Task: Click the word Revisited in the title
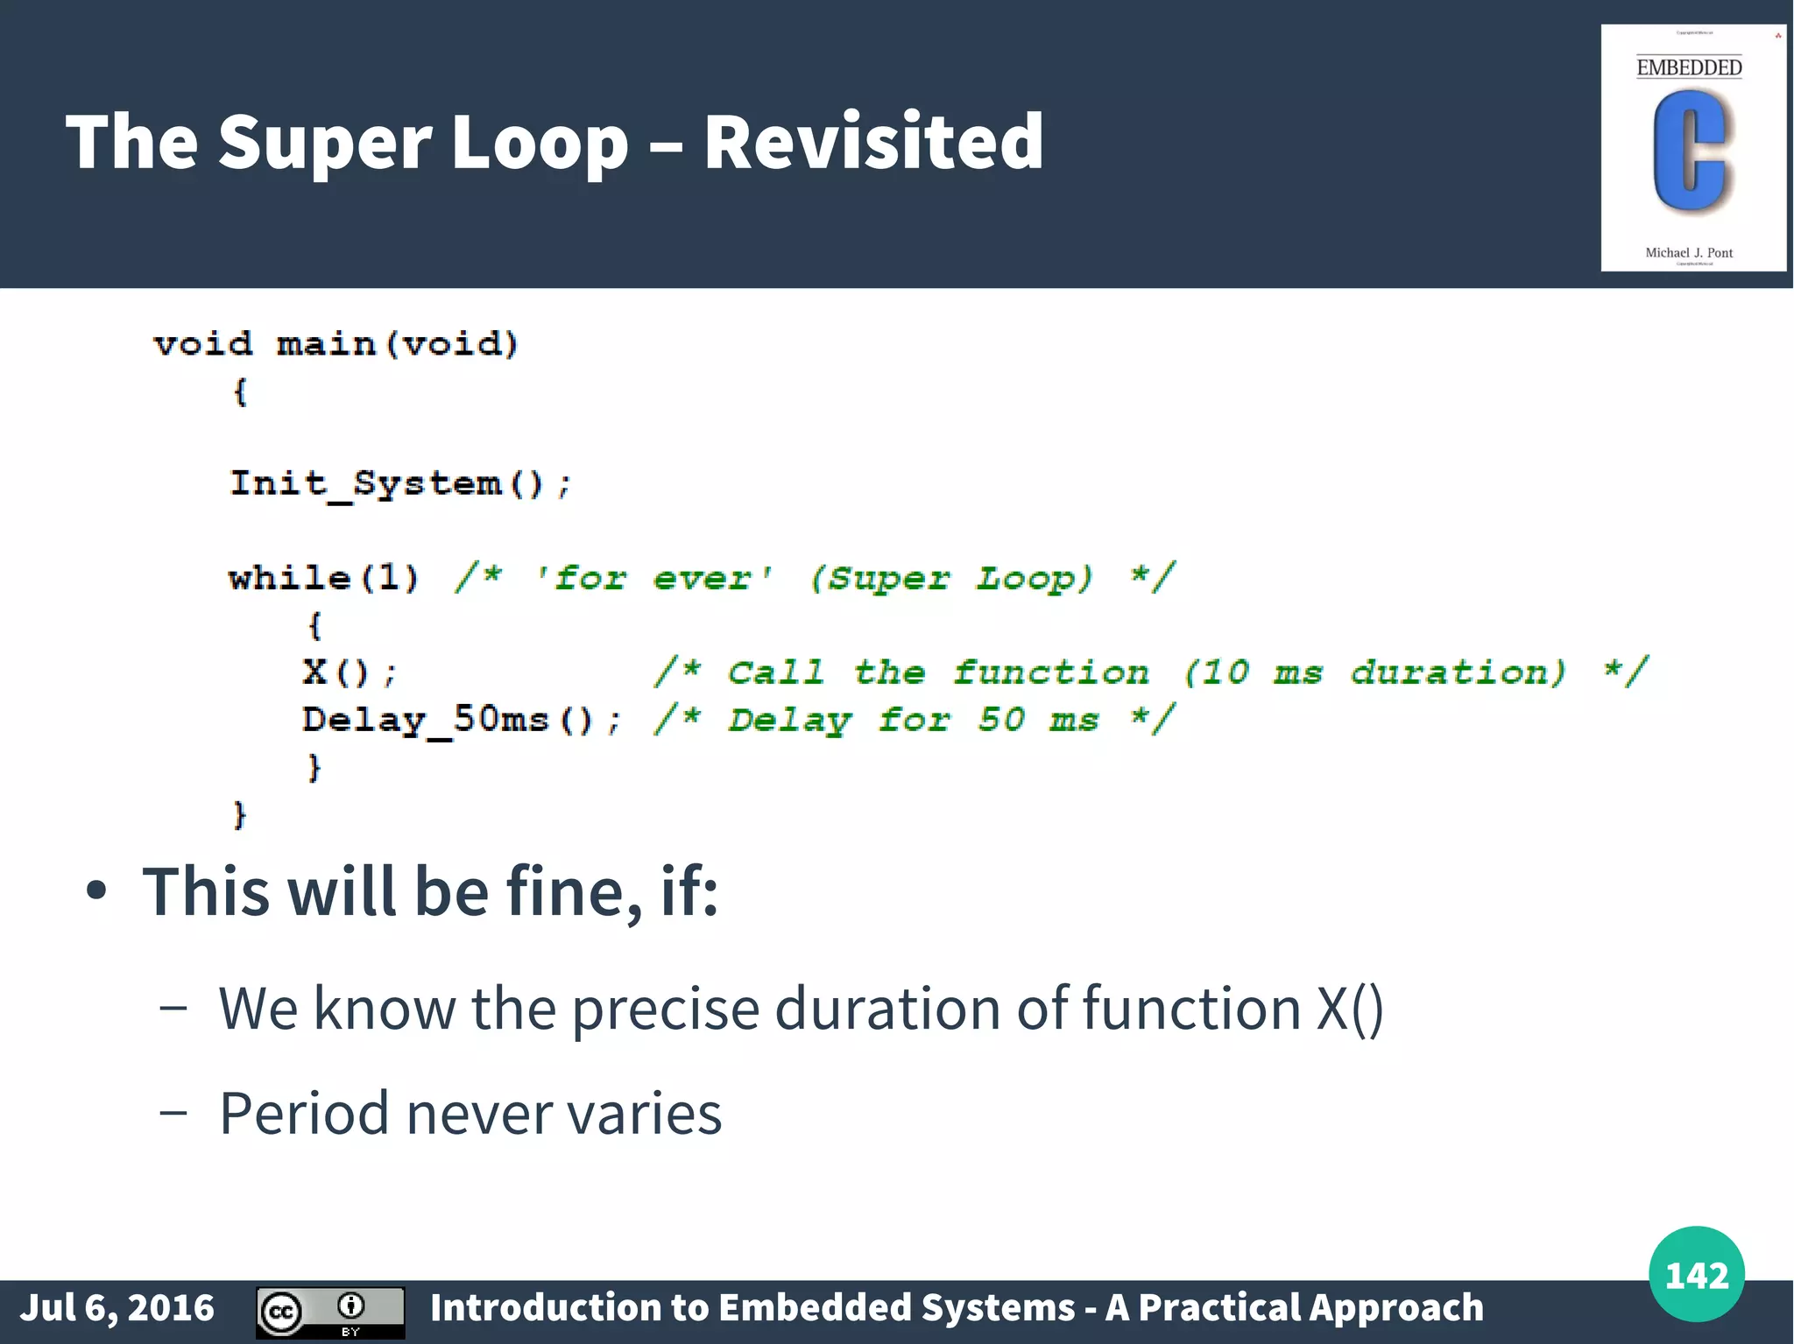(x=872, y=142)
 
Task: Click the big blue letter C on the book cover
(x=1690, y=153)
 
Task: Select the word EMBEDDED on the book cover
(x=1689, y=67)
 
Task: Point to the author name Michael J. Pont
(x=1689, y=253)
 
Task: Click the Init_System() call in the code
(x=399, y=484)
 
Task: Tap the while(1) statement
(x=323, y=578)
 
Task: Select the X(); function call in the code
(x=349, y=672)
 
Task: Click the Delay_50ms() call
(x=461, y=721)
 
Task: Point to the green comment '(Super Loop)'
(x=951, y=578)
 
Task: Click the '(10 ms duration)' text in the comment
(x=1374, y=672)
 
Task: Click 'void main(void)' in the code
(x=336, y=344)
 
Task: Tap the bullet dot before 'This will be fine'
(x=96, y=891)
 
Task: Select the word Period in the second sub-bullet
(x=304, y=1113)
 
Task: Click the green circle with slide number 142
(x=1696, y=1274)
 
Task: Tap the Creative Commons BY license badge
(x=330, y=1312)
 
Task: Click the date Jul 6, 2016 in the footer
(x=117, y=1308)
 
